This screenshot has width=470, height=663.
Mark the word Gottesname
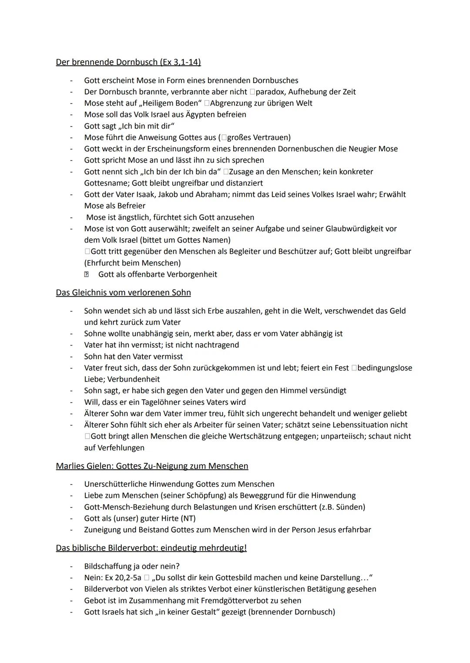pos(107,183)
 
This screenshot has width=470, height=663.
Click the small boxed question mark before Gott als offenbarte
pos(87,274)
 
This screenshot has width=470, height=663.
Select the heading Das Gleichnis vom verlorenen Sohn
pos(123,293)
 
